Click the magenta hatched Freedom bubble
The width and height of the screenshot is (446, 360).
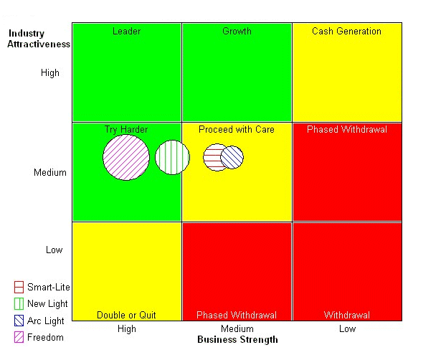point(126,157)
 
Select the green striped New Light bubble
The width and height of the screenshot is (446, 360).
point(171,158)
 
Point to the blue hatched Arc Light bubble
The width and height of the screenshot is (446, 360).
point(232,157)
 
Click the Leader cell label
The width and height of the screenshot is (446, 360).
point(127,32)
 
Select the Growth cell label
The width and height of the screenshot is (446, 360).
point(237,32)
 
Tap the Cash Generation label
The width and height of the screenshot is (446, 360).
point(346,32)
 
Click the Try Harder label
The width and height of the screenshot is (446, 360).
point(126,130)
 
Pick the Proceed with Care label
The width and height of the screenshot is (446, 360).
point(237,130)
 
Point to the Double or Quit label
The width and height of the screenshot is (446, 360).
point(126,316)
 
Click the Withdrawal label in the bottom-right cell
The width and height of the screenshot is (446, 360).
point(347,316)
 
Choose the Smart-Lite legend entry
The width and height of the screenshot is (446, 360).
point(48,288)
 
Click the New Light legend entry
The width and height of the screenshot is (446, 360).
point(47,304)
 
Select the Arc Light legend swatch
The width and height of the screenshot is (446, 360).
point(19,321)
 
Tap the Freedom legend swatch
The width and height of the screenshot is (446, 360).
point(19,338)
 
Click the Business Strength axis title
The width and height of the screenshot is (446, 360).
point(237,340)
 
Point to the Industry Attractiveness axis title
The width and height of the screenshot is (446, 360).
point(39,39)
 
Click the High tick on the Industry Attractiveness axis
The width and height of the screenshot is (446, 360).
point(50,73)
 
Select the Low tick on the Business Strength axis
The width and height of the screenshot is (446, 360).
point(347,329)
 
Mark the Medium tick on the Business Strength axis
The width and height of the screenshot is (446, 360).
point(237,329)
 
